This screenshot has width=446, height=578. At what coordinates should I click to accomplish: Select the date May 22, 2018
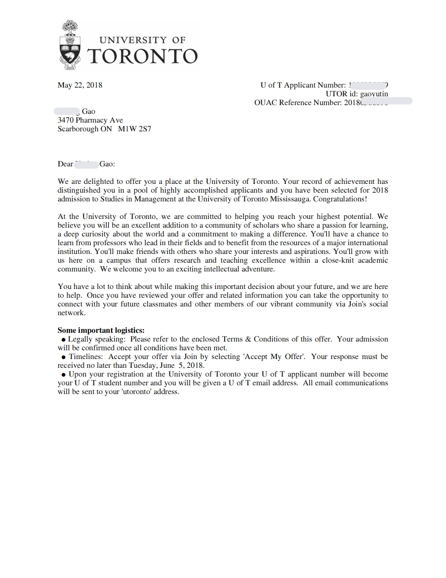coord(80,85)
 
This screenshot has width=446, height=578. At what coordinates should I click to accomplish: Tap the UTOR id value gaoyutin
coord(374,94)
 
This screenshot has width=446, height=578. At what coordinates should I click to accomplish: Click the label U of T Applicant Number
coord(303,85)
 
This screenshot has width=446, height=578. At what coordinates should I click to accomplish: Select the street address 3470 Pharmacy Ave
coord(90,120)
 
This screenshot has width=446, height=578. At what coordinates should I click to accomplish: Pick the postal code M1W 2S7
coord(134,129)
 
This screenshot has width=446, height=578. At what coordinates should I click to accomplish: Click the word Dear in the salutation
coord(65,164)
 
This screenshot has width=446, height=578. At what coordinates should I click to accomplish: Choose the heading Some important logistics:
coord(101,330)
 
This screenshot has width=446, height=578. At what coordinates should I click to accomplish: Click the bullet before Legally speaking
coord(64,339)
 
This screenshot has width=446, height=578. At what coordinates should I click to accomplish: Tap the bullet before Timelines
coord(64,357)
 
